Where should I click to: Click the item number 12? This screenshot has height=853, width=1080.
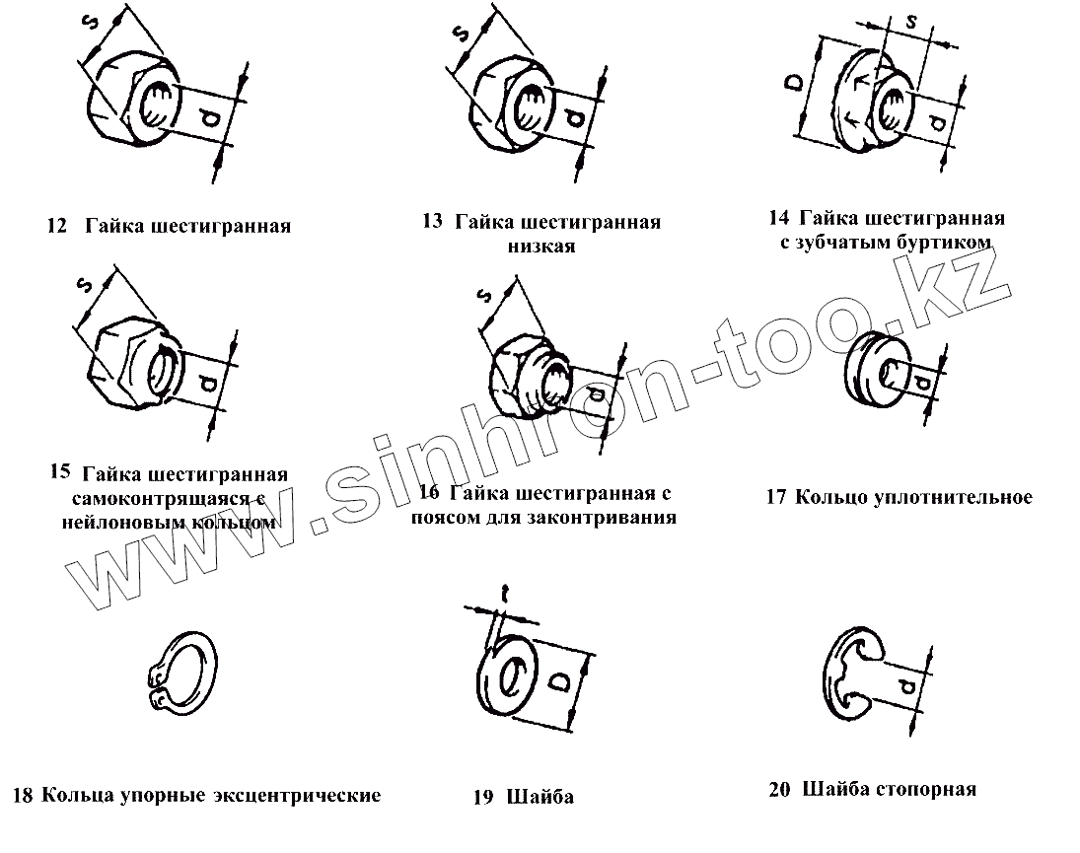point(56,227)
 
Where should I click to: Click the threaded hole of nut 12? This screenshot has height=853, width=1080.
point(157,101)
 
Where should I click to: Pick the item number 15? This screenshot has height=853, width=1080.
point(58,471)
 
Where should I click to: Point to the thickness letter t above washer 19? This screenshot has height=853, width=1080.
point(504,593)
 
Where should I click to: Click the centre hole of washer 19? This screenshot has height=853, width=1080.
point(514,677)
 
